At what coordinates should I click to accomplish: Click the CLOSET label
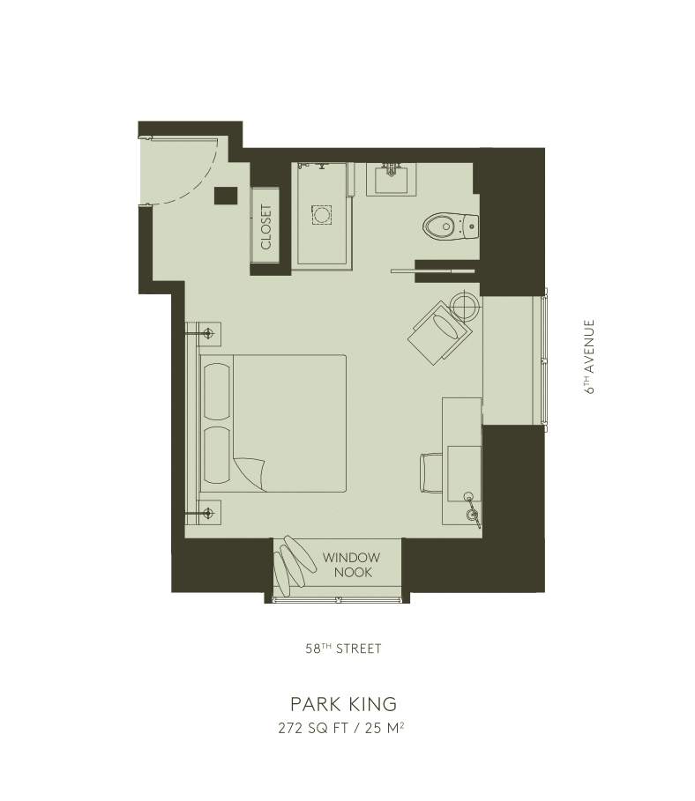coord(266,226)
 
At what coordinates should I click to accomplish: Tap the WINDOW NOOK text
coord(351,565)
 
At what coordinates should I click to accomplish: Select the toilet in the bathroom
coord(451,226)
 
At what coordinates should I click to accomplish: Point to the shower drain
coord(321,214)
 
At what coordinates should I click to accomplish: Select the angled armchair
coord(440,332)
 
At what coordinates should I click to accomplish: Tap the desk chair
coord(431,472)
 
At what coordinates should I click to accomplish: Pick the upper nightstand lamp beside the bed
coord(207,334)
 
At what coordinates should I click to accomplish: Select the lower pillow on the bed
coord(217,456)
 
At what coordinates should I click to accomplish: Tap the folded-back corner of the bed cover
coord(251,472)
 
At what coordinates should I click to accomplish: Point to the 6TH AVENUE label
coord(590,357)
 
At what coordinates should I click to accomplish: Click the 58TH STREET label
coord(344,649)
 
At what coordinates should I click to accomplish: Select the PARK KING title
coord(344,703)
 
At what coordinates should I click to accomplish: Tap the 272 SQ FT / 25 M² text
coord(341,727)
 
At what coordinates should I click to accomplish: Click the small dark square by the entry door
coord(226,195)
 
